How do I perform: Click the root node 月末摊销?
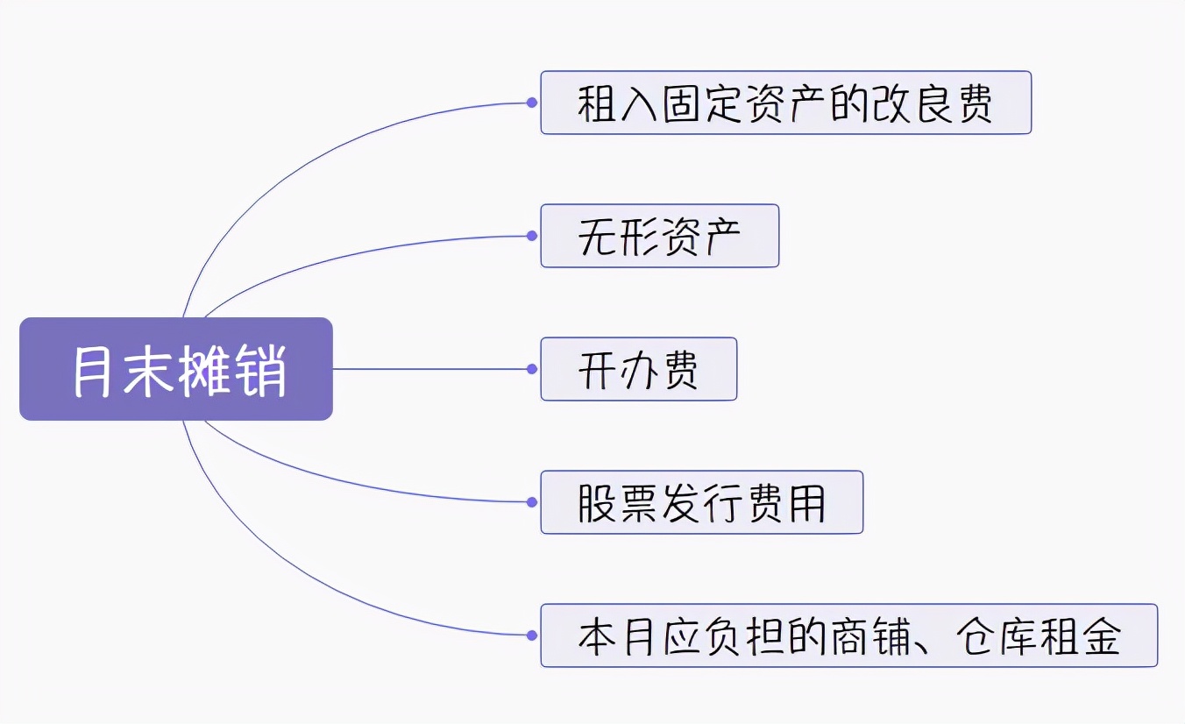pyautogui.click(x=175, y=369)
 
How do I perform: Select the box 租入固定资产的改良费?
pyautogui.click(x=785, y=103)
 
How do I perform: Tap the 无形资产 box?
pyautogui.click(x=659, y=236)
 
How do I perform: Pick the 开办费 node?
pyautogui.click(x=638, y=369)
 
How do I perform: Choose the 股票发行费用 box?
pyautogui.click(x=701, y=502)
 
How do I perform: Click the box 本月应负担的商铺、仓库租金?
pyautogui.click(x=848, y=635)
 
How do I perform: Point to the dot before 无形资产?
pyautogui.click(x=531, y=236)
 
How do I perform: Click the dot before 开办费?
pyautogui.click(x=531, y=369)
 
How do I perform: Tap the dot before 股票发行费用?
pyautogui.click(x=531, y=502)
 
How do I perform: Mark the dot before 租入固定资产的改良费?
pyautogui.click(x=531, y=103)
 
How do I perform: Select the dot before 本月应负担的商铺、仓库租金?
pyautogui.click(x=531, y=635)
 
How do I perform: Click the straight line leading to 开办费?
pyautogui.click(x=429, y=369)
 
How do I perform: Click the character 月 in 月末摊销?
pyautogui.click(x=92, y=372)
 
